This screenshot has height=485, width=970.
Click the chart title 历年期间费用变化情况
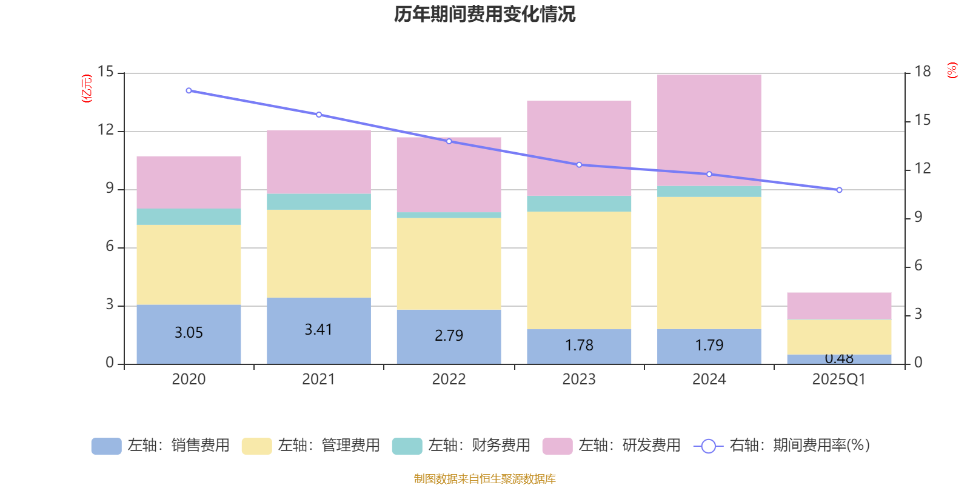(484, 15)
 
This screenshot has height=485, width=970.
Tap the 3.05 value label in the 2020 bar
(189, 333)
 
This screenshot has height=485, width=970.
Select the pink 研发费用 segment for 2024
(709, 130)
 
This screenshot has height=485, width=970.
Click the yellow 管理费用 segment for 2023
(579, 270)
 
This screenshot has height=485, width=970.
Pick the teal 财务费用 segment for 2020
(189, 217)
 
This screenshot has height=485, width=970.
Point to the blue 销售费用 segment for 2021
(318, 330)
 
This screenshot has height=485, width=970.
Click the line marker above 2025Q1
(839, 190)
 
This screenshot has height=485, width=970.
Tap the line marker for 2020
(189, 91)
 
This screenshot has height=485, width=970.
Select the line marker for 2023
(579, 165)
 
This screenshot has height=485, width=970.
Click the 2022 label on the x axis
(449, 380)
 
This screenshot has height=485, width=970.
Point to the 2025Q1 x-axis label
(838, 380)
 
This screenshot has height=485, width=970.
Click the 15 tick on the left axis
(105, 72)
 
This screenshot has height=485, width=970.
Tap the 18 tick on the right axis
(922, 72)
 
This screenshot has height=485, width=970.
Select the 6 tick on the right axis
(918, 266)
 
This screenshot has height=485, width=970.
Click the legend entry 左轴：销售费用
(161, 446)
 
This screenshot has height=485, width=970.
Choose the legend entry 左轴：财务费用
(461, 446)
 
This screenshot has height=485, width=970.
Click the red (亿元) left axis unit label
(87, 89)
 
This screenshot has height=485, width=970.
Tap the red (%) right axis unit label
(952, 70)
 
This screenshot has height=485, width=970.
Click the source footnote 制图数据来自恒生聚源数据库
(484, 479)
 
